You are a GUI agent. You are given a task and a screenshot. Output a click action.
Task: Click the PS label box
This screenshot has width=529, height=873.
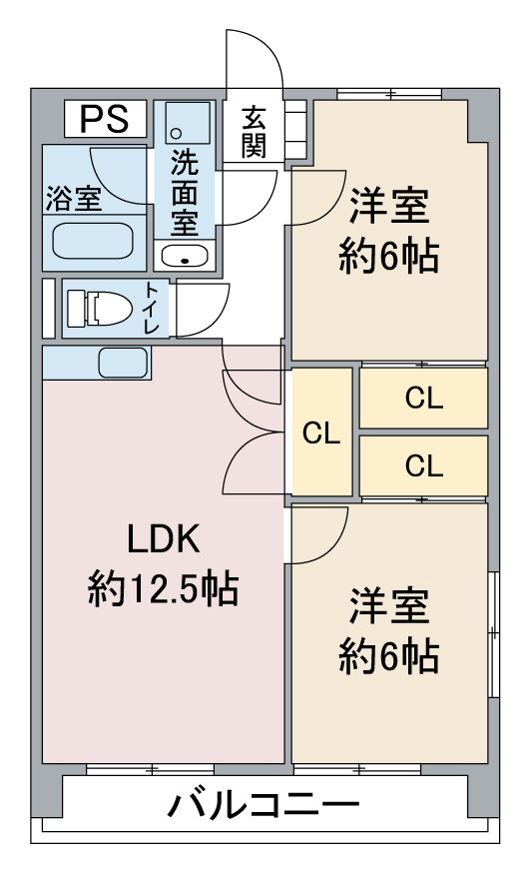tap(105, 119)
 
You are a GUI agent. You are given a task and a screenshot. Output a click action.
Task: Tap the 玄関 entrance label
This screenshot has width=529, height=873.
tap(254, 132)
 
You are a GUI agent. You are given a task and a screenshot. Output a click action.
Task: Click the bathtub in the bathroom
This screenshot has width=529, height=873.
tap(93, 241)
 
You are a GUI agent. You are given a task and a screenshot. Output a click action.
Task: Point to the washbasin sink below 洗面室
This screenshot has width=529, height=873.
tap(184, 256)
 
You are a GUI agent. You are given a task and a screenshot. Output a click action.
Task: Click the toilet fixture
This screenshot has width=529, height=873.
tap(100, 309)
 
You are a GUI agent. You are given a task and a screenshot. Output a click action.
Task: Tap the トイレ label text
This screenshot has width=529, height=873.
tap(152, 309)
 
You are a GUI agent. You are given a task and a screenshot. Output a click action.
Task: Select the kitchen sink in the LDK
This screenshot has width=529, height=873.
tap(124, 363)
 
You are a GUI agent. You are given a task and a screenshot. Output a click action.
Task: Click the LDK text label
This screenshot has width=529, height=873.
tap(163, 538)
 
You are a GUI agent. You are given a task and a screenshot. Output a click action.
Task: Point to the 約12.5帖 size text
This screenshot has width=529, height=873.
tap(163, 588)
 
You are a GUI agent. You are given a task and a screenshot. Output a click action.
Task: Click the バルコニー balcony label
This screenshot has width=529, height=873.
tap(264, 805)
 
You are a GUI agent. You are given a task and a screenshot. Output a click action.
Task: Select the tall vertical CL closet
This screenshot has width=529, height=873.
tap(321, 432)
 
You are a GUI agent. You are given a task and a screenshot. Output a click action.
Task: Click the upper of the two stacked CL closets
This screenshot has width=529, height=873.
tap(423, 399)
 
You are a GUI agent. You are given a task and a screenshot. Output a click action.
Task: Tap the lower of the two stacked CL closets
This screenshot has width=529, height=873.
tap(423, 465)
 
